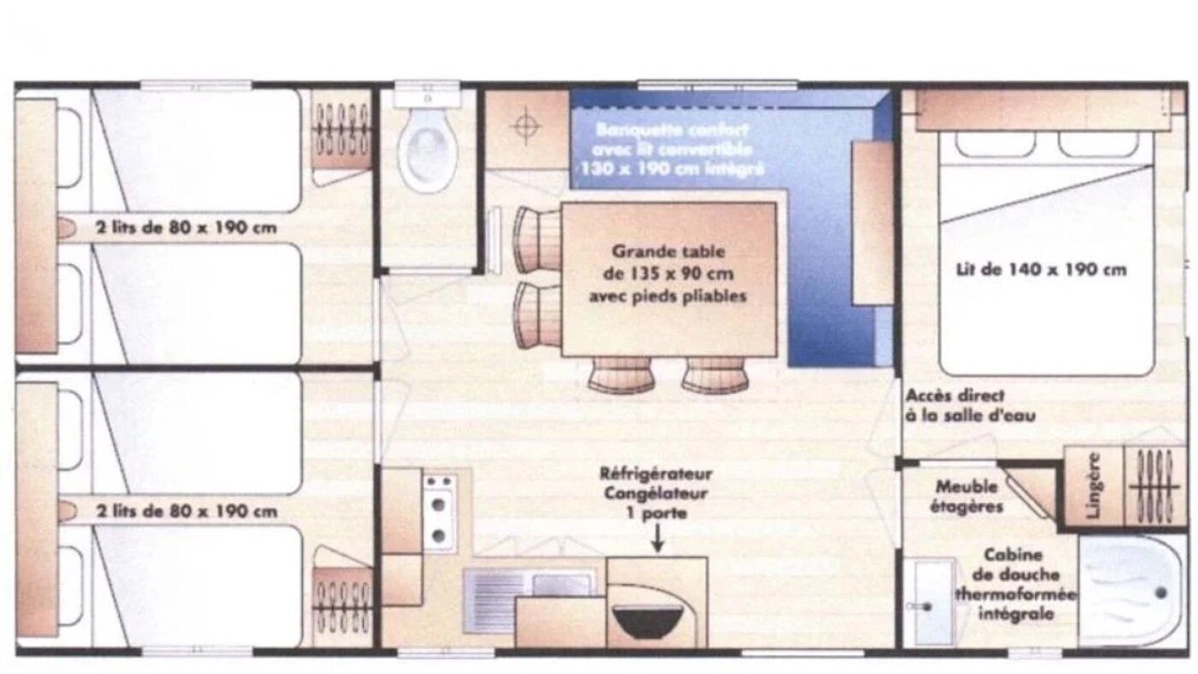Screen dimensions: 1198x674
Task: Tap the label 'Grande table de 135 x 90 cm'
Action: point(668,262)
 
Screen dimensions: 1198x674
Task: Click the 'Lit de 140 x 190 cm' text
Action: point(1041,270)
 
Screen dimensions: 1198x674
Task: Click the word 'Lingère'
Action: point(1094,485)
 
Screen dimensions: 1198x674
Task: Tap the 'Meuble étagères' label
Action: point(967,496)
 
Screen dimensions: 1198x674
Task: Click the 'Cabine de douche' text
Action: point(1015,564)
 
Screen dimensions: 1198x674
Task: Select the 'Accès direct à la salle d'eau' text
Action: point(971,405)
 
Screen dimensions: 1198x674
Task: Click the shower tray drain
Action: point(1161,593)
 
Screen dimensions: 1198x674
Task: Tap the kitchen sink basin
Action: point(562,585)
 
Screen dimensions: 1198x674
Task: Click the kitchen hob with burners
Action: point(440,512)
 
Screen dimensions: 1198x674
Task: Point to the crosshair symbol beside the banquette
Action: point(526,126)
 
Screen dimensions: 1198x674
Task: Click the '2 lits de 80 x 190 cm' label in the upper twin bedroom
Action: point(186,227)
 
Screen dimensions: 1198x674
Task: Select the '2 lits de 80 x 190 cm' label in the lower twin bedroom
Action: point(186,511)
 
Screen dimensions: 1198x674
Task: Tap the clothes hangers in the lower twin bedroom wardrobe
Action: point(342,607)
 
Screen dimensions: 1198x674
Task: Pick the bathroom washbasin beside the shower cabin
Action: point(929,602)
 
